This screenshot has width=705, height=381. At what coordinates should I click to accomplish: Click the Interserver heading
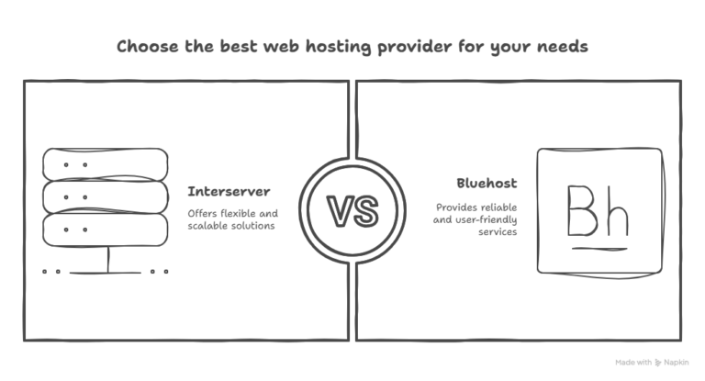229,192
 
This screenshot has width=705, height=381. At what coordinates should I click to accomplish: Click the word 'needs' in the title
560,47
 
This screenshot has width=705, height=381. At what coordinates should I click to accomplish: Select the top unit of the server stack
106,164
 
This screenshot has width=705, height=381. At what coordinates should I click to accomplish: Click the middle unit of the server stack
106,196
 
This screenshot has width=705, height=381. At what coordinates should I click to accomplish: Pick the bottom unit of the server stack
106,229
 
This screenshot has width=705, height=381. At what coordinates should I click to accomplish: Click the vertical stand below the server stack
107,259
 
